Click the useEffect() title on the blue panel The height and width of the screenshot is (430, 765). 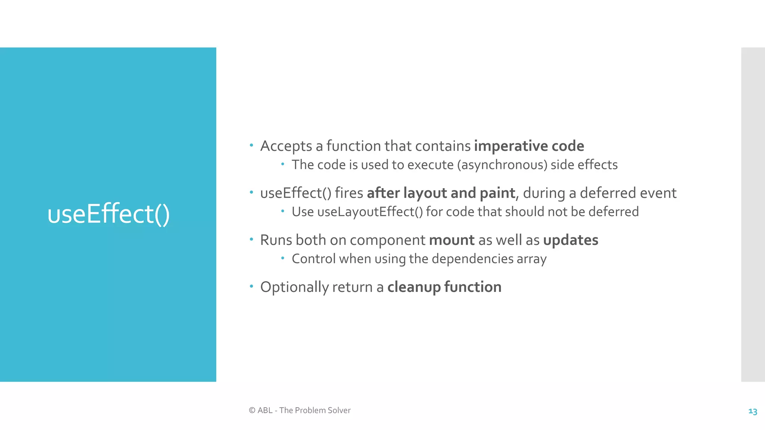click(x=108, y=214)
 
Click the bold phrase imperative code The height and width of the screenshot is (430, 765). click(x=529, y=146)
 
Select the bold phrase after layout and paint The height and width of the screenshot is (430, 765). click(x=441, y=193)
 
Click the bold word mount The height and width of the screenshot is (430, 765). click(x=452, y=240)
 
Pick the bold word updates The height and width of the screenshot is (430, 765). click(x=570, y=240)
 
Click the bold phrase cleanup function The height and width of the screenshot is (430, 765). click(x=444, y=287)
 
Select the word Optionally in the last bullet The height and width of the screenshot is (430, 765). click(x=294, y=287)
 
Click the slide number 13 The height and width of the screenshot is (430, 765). click(x=752, y=411)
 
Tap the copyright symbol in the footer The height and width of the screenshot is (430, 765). click(x=252, y=411)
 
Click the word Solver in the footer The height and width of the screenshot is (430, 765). click(x=339, y=411)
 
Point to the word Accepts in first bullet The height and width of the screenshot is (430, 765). click(x=286, y=146)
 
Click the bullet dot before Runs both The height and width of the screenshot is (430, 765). click(x=251, y=239)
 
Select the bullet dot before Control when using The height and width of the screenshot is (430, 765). click(x=283, y=258)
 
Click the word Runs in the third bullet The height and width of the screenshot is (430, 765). click(x=276, y=240)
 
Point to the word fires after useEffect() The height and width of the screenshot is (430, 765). click(x=349, y=193)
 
